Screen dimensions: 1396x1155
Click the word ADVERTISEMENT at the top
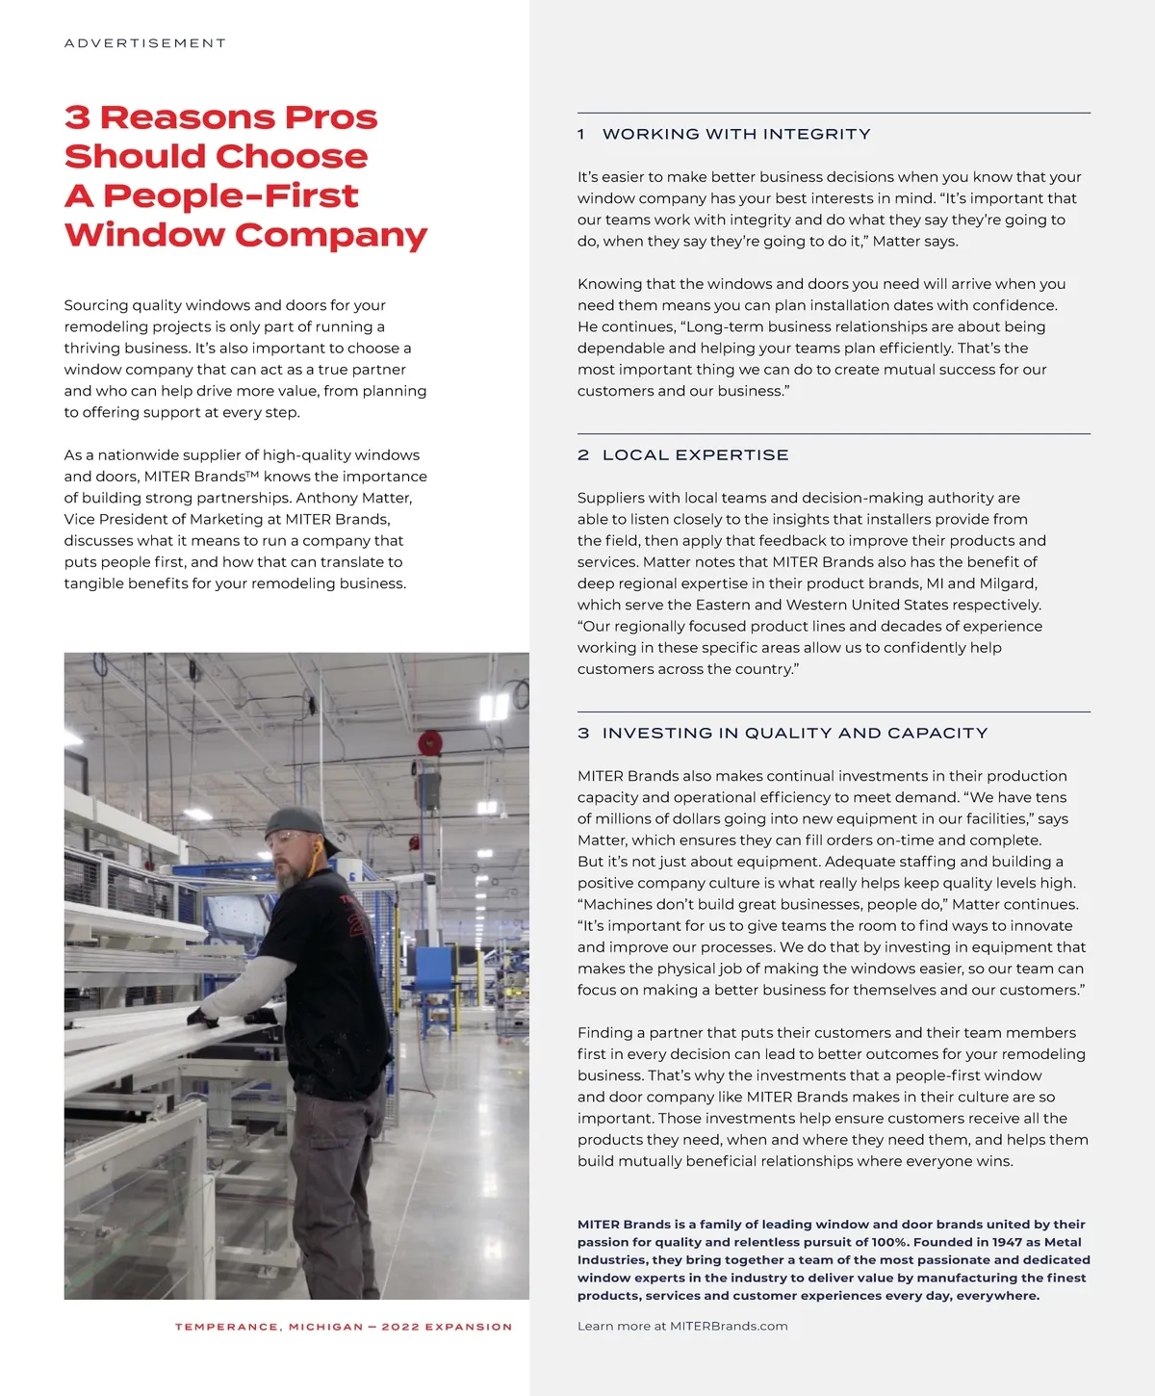pyautogui.click(x=145, y=43)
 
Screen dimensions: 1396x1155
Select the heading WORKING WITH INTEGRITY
pyautogui.click(x=736, y=134)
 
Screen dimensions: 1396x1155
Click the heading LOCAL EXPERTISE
pyautogui.click(x=695, y=454)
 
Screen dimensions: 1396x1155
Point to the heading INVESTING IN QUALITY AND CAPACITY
pyautogui.click(x=795, y=733)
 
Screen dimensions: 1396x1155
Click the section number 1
pyautogui.click(x=581, y=134)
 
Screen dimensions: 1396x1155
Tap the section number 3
pyautogui.click(x=583, y=733)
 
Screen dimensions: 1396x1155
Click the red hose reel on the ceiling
pyautogui.click(x=429, y=743)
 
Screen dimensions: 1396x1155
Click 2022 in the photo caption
pyautogui.click(x=400, y=1327)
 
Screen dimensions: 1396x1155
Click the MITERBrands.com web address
pyautogui.click(x=729, y=1326)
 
